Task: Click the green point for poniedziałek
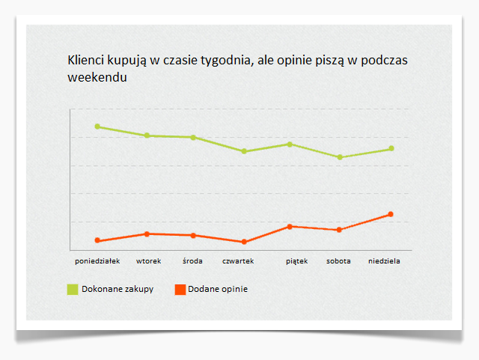97,126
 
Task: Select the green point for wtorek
147,135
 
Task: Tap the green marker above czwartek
243,151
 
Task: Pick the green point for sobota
340,157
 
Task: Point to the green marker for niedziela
391,148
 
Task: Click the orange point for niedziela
391,214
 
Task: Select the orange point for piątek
290,226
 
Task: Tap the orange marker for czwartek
243,242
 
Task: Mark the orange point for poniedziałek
97,240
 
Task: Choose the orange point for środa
193,235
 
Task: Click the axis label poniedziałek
97,261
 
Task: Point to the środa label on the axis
192,261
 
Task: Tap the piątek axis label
296,261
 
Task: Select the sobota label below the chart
338,261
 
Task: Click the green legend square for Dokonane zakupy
73,289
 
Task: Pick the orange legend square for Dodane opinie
180,289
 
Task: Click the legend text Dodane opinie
218,289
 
